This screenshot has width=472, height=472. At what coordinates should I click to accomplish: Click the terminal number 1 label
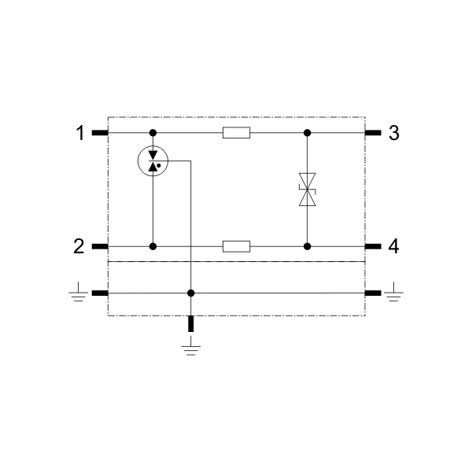pyautogui.click(x=80, y=133)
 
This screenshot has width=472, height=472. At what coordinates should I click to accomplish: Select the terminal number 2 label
pyautogui.click(x=79, y=246)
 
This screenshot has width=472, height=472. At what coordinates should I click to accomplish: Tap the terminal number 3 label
pyautogui.click(x=394, y=133)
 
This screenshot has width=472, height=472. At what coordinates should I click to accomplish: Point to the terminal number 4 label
pyautogui.click(x=393, y=246)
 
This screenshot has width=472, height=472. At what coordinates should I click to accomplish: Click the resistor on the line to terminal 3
pyautogui.click(x=236, y=133)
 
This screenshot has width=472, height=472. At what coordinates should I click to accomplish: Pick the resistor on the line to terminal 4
pyautogui.click(x=236, y=246)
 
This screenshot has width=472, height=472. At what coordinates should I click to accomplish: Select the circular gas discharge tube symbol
pyautogui.click(x=153, y=161)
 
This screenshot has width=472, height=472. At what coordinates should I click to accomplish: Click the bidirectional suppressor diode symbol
pyautogui.click(x=307, y=190)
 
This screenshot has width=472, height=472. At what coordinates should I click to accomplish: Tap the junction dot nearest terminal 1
pyautogui.click(x=153, y=133)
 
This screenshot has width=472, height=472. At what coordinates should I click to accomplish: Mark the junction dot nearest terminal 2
pyautogui.click(x=153, y=246)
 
